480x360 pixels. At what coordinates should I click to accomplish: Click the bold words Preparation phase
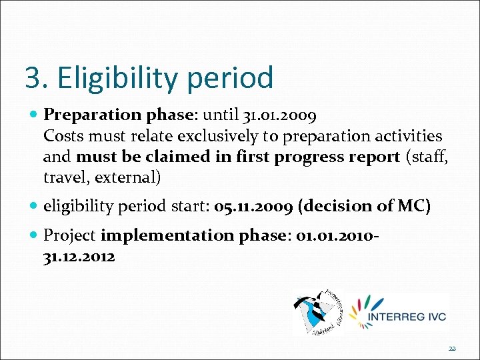pyautogui.click(x=118, y=115)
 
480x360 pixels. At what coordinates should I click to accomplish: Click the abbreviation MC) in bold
pyautogui.click(x=413, y=207)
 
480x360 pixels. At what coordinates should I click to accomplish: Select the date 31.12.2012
pyautogui.click(x=79, y=257)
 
